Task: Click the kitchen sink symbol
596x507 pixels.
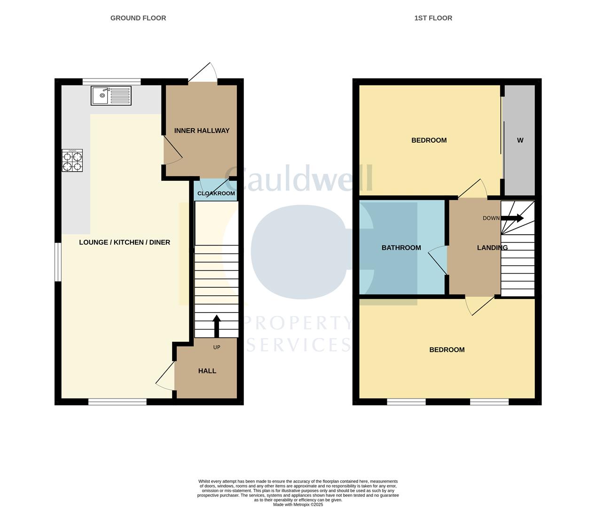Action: (111, 96)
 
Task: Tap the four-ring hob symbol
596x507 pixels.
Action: (72, 160)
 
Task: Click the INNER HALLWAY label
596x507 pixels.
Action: (202, 131)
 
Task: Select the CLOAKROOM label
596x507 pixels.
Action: (216, 193)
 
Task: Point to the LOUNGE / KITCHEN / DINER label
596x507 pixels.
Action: (125, 242)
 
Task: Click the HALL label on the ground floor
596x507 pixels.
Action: (207, 371)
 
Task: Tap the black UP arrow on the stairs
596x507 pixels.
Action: (217, 325)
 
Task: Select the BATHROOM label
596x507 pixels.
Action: (401, 248)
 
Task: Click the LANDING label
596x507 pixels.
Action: (492, 248)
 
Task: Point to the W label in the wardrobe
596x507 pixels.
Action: (520, 140)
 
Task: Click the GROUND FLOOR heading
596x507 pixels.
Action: (138, 18)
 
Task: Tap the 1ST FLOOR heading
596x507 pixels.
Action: (433, 18)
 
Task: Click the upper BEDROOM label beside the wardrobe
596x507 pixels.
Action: (429, 140)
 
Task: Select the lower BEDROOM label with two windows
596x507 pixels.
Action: (447, 350)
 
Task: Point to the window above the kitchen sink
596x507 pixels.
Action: (111, 81)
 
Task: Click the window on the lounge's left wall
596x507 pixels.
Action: (57, 262)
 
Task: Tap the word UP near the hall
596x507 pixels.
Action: (217, 347)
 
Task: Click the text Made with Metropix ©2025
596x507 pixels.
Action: (298, 505)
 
